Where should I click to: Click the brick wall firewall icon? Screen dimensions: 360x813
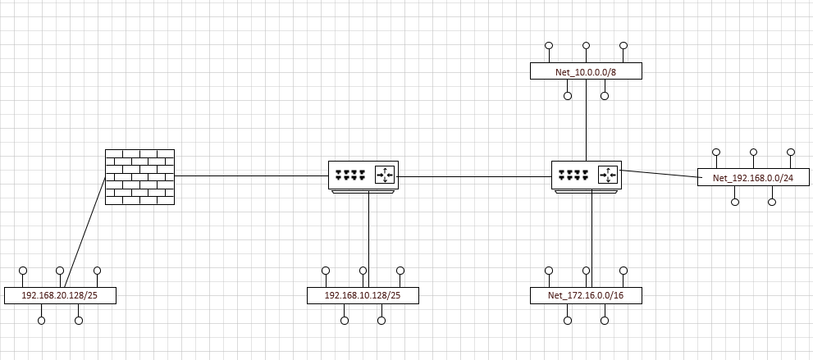pos(139,176)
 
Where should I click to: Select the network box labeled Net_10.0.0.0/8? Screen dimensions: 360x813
pos(586,71)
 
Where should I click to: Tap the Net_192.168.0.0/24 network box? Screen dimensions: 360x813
pos(753,177)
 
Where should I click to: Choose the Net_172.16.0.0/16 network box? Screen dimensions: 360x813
pos(586,295)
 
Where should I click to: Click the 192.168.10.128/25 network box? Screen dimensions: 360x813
pos(363,295)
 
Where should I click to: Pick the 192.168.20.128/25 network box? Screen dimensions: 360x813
pos(60,295)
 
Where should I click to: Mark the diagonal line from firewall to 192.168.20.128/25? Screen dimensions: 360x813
pos(85,232)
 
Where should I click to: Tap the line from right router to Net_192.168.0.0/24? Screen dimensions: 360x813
pos(659,173)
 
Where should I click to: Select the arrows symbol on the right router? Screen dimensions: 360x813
pos(607,175)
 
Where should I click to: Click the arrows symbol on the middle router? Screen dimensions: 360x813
pos(385,175)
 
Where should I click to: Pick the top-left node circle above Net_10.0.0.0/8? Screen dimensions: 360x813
pos(549,46)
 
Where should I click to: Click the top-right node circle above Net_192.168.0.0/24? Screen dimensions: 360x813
pos(791,153)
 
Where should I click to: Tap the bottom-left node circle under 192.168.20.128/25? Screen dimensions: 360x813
pos(42,320)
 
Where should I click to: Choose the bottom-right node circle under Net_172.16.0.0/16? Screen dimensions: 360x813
pos(605,320)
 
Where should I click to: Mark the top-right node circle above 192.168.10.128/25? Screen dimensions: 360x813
pos(400,271)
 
